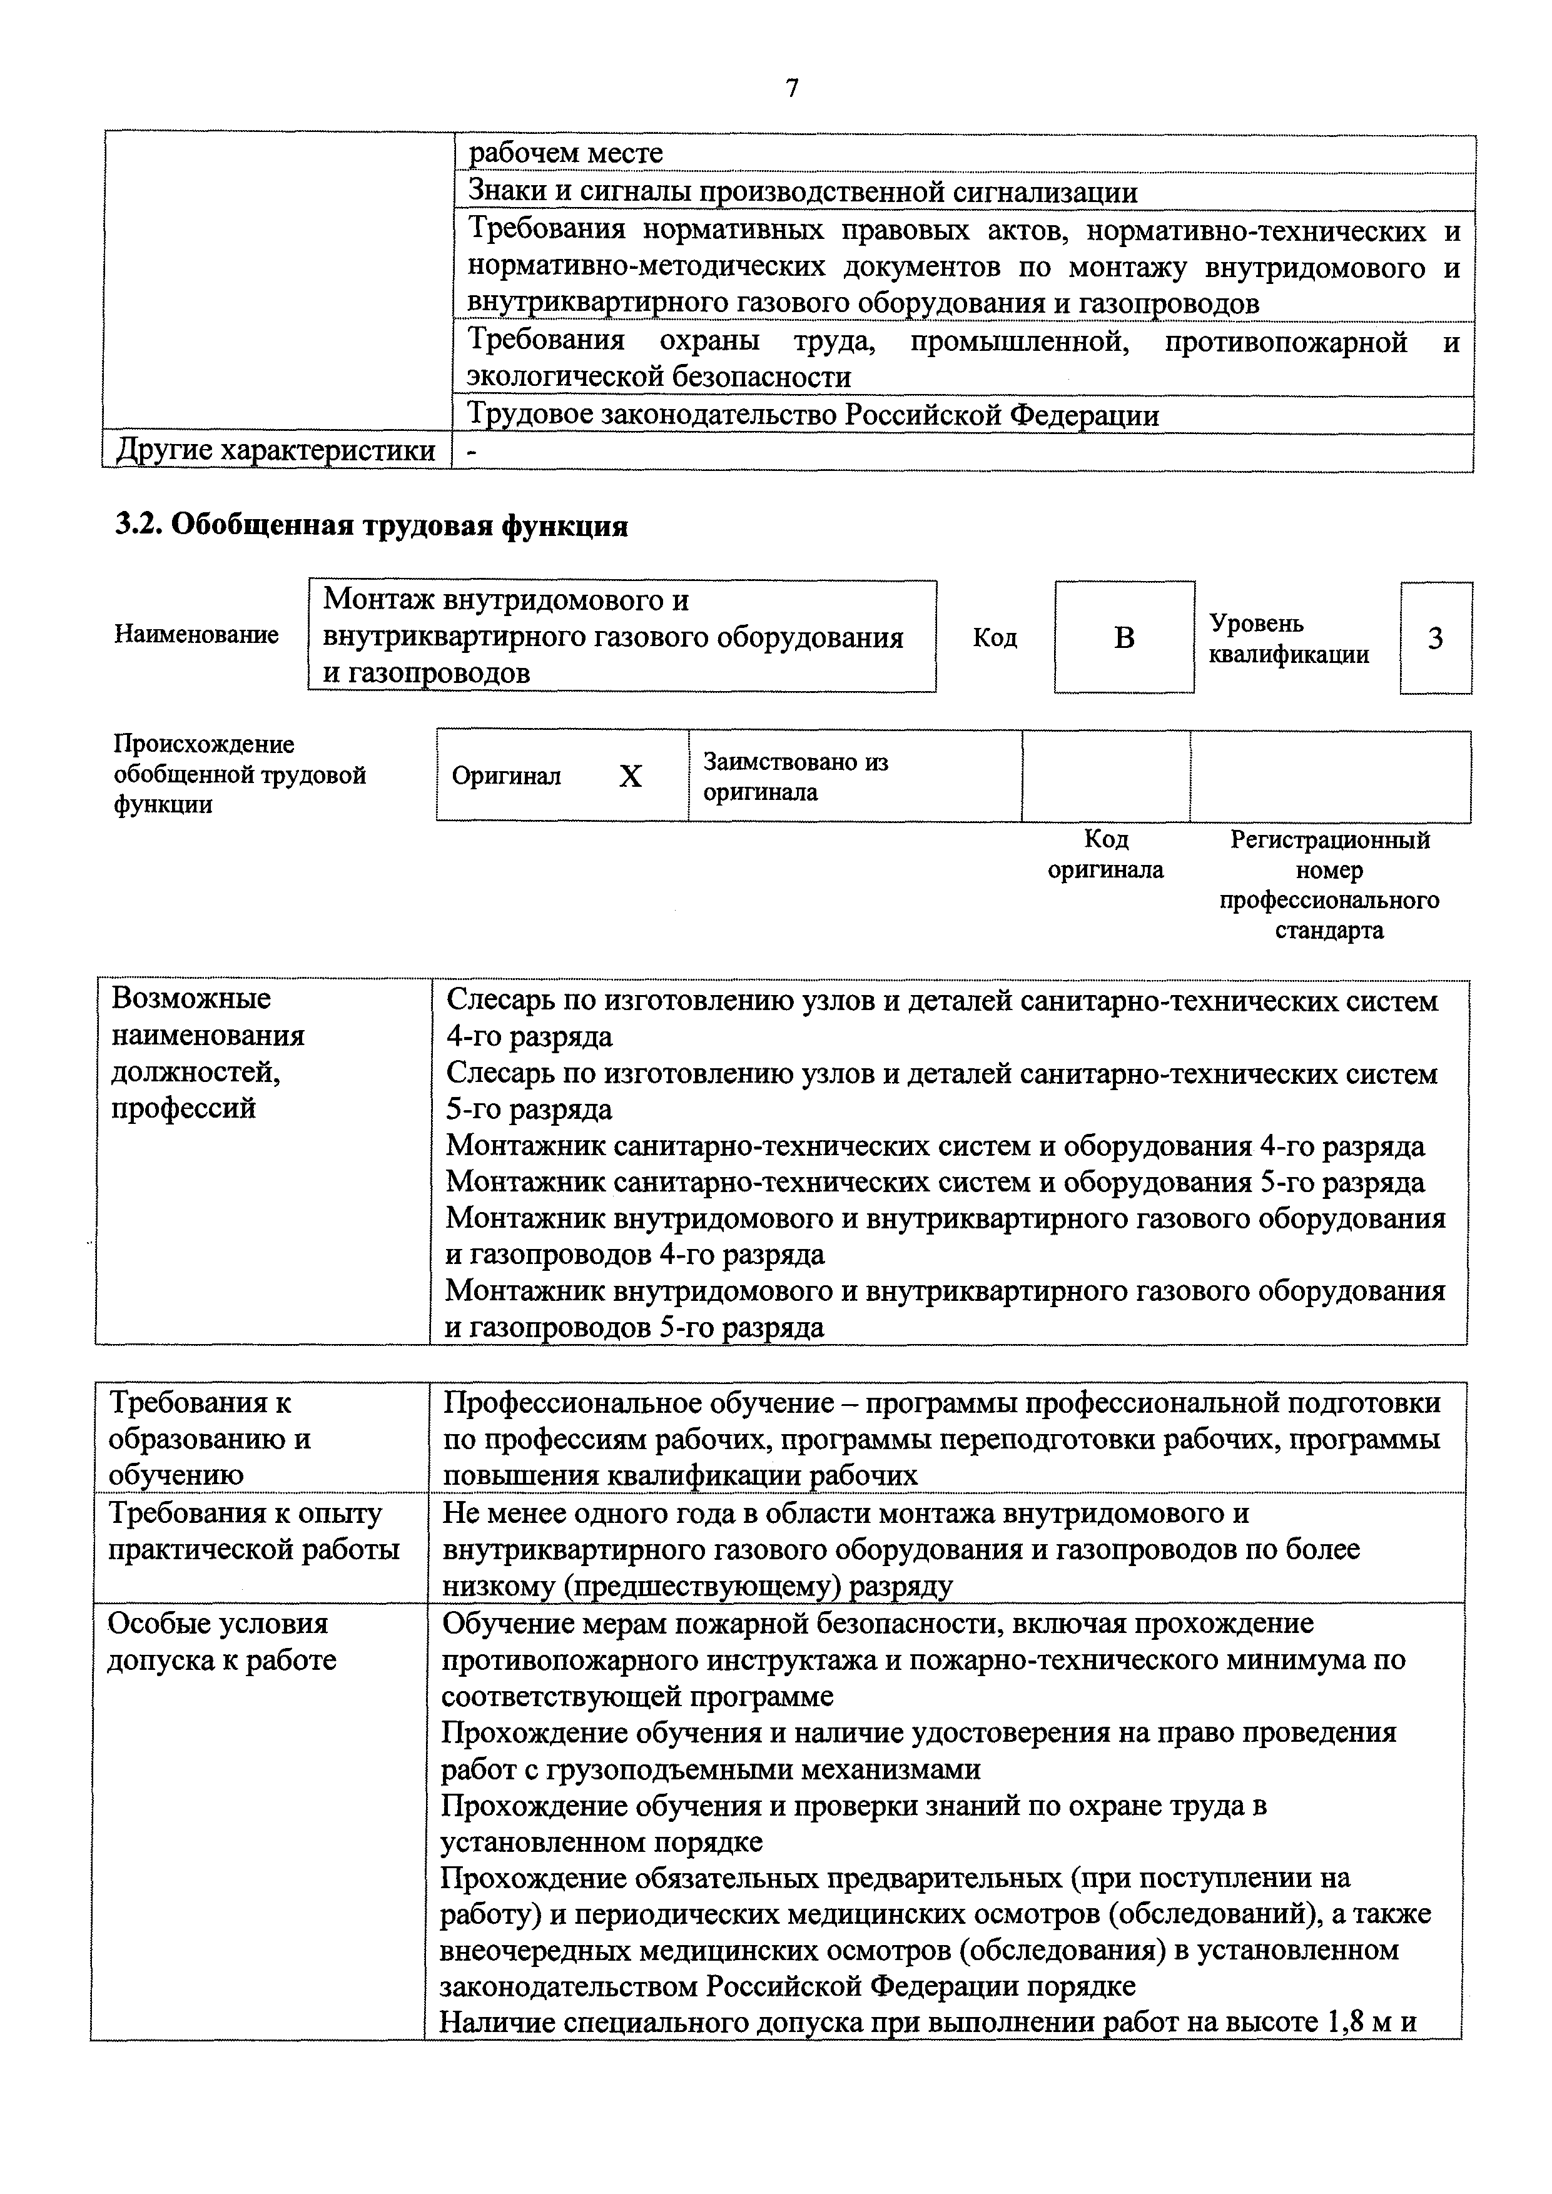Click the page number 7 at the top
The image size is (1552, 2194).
coord(791,89)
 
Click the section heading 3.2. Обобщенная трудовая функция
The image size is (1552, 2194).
coord(371,525)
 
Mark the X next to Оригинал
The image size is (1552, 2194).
coord(631,777)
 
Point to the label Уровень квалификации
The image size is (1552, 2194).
coord(1289,639)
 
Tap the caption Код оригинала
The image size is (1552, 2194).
coord(1106,854)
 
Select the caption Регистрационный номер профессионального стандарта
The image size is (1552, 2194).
coord(1329,885)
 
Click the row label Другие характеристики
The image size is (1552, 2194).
coord(275,451)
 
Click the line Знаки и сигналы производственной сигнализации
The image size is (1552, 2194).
coord(803,192)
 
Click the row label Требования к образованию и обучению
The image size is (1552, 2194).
coord(210,1438)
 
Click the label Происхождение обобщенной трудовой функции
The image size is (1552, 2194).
coord(239,774)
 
